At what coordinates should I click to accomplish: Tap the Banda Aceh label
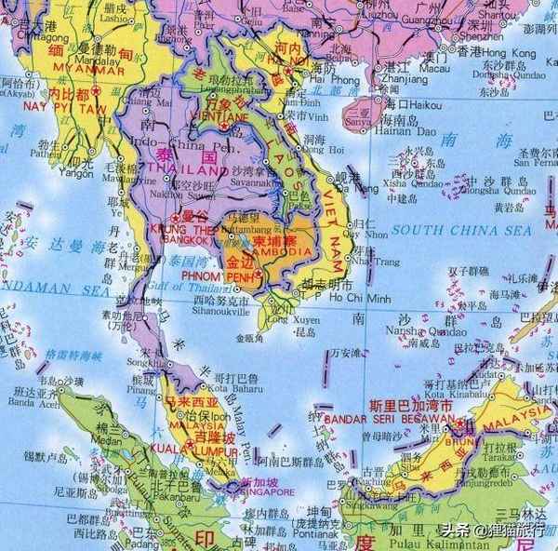[20, 402]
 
